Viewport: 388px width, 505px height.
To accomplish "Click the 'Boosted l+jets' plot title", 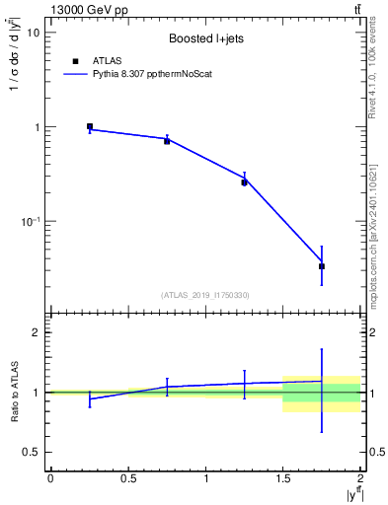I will (x=205, y=38).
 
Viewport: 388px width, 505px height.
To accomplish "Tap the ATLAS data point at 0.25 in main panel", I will (x=90, y=126).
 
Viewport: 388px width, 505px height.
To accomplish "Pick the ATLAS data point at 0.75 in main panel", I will (x=167, y=141).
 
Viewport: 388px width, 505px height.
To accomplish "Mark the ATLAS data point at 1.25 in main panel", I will (x=244, y=182).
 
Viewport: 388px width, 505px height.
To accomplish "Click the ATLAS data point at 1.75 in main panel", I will (x=322, y=266).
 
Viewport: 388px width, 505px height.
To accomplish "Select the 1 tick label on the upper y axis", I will (x=37, y=128).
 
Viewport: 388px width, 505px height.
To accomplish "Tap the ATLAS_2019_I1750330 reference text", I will (x=205, y=294).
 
